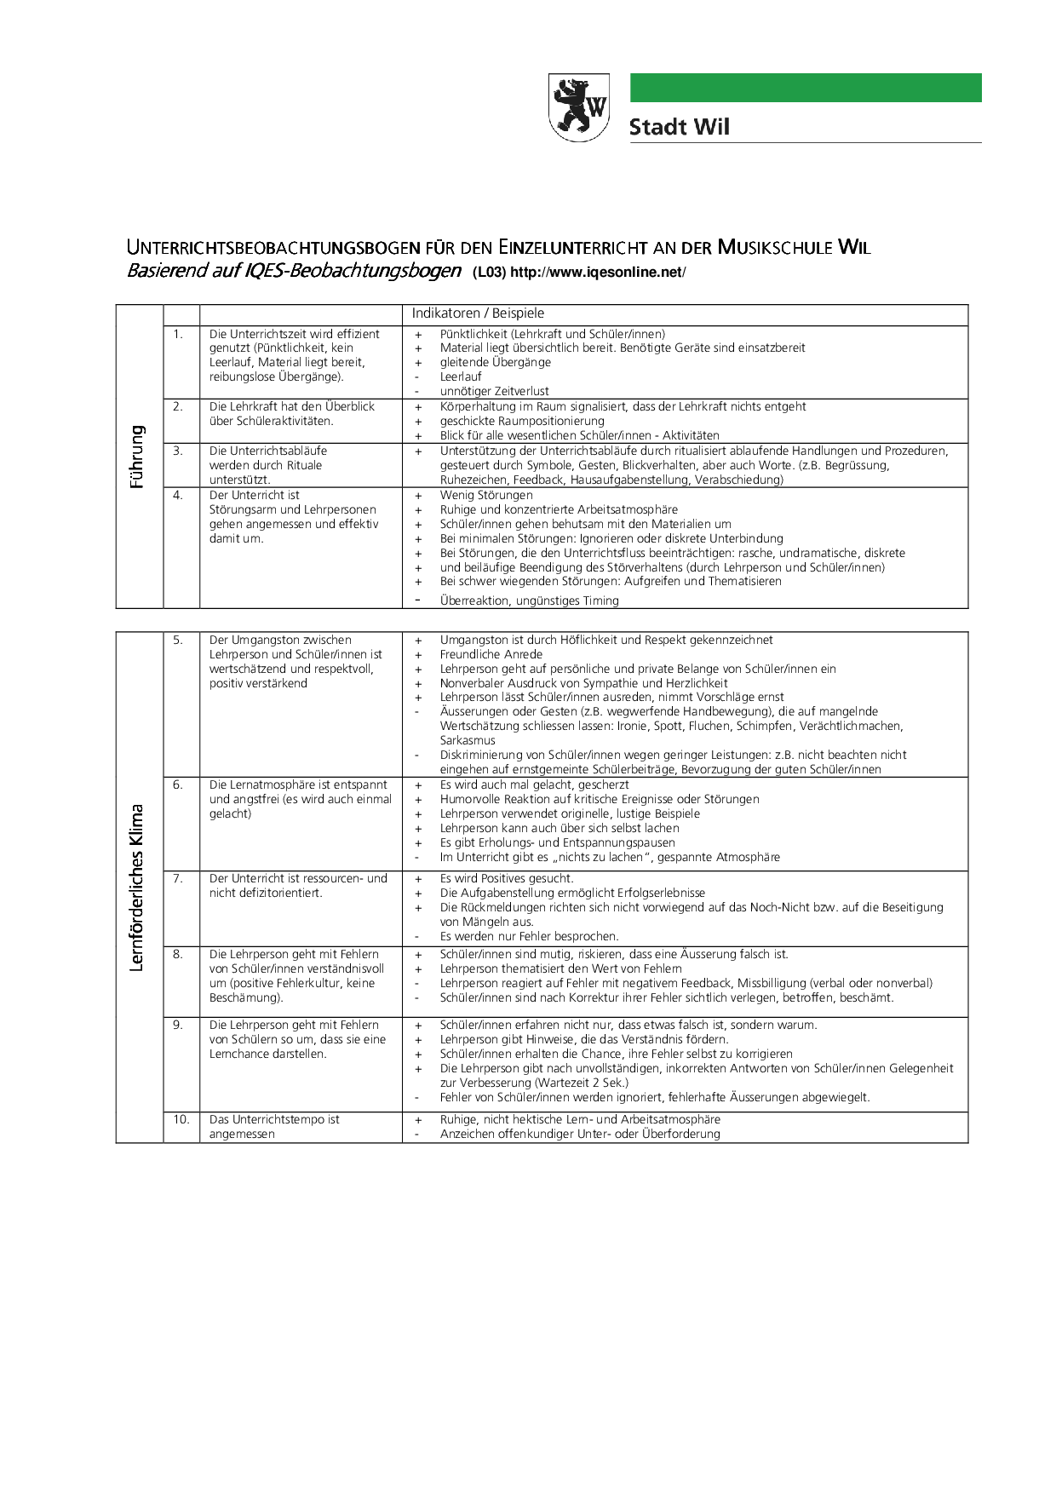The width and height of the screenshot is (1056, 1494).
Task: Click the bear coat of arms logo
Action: tap(579, 107)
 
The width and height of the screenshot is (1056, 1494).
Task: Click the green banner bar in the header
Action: tap(805, 88)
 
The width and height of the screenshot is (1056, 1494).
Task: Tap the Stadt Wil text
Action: tap(679, 128)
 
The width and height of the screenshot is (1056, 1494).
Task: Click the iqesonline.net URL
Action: tap(597, 273)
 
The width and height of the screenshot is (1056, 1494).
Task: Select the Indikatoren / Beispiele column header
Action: tap(478, 313)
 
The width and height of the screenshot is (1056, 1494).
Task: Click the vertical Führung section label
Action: tap(137, 457)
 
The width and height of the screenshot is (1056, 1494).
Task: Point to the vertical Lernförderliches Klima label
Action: tap(137, 887)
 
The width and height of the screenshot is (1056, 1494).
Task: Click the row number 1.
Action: tap(178, 334)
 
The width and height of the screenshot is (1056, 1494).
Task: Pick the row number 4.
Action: tap(178, 495)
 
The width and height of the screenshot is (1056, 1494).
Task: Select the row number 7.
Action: tap(178, 878)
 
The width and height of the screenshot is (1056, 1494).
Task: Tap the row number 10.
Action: tap(181, 1119)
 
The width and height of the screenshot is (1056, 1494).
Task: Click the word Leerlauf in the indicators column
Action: tap(461, 376)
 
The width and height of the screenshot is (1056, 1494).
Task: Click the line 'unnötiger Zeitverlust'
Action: tap(494, 391)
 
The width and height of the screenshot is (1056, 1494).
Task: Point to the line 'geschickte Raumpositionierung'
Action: tap(522, 421)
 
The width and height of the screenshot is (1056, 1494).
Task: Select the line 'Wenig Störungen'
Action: tap(486, 495)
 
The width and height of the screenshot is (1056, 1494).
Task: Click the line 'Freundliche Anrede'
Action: tap(491, 654)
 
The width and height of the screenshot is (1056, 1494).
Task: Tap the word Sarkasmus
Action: tap(468, 740)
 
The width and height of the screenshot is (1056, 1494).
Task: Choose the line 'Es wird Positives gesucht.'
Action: tap(507, 878)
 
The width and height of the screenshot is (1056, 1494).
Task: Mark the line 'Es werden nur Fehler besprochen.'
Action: tap(529, 936)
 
